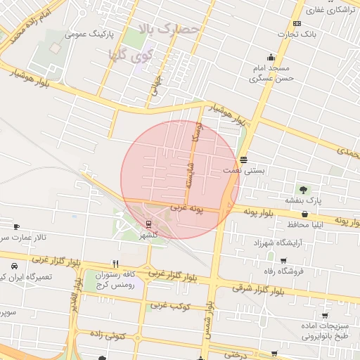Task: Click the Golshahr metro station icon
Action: [148, 224]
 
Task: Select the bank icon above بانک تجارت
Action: [297, 23]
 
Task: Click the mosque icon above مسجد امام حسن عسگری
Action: [271, 58]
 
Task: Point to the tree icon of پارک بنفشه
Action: [303, 190]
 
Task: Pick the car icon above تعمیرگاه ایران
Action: [14, 266]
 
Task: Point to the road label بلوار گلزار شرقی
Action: [258, 289]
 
